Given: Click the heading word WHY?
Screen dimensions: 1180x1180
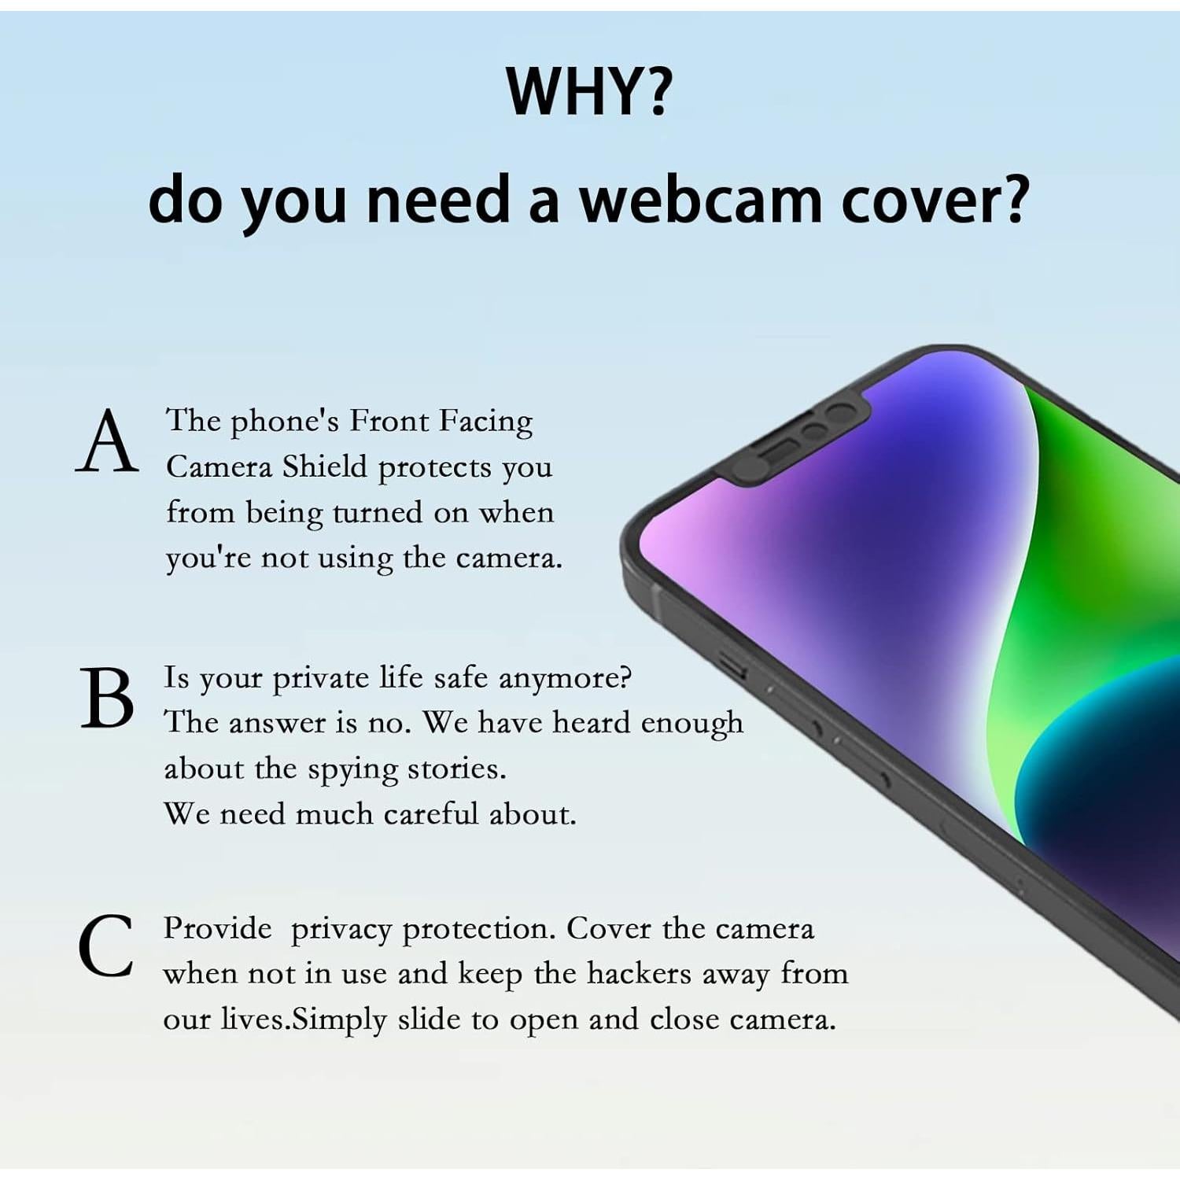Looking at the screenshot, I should tap(588, 91).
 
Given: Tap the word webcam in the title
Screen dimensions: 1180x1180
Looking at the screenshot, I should tap(700, 200).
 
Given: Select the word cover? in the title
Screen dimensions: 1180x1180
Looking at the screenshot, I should tap(935, 200).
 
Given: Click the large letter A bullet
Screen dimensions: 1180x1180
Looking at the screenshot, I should tap(108, 444).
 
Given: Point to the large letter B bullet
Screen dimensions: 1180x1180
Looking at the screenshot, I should tap(108, 699).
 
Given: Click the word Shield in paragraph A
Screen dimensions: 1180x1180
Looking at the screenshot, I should tap(325, 466).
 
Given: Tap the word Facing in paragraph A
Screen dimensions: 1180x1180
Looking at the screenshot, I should tap(485, 421).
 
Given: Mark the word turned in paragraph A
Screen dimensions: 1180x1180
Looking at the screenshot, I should tap(378, 512).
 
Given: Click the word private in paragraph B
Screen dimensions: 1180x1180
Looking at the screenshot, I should tap(320, 679).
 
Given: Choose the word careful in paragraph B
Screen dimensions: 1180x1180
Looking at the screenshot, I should tap(431, 813).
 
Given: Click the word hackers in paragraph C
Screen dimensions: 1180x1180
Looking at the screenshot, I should tap(639, 974).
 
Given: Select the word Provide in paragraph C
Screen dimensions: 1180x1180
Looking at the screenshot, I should tap(217, 929).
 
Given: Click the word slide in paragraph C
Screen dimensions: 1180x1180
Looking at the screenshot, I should tap(428, 1020).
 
